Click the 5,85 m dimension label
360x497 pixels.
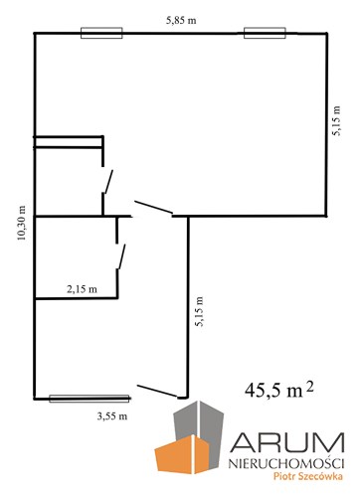[181, 21]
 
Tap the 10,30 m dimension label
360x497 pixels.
[22, 223]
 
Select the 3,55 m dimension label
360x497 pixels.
[112, 416]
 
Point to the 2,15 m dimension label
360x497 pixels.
[82, 289]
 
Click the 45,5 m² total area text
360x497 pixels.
[279, 390]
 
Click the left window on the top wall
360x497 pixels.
[101, 33]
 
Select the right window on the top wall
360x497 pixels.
[265, 33]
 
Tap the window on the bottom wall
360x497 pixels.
[90, 399]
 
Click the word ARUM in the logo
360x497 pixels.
[287, 442]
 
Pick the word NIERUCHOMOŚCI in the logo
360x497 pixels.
[286, 463]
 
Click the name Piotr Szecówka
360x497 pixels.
[308, 476]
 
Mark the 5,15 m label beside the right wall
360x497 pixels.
[336, 121]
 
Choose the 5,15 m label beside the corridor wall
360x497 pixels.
[200, 311]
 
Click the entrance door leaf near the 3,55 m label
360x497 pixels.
[157, 391]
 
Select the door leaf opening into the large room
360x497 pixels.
[153, 207]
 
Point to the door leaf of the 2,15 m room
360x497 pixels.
[122, 256]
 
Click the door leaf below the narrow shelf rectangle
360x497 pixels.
[108, 181]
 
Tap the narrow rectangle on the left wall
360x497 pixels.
[69, 141]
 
